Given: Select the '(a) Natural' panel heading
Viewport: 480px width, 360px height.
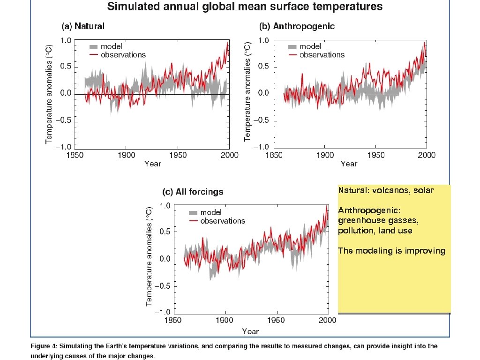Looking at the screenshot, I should pos(83,26).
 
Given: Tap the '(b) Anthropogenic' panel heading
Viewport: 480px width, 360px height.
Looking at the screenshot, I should pos(297,26).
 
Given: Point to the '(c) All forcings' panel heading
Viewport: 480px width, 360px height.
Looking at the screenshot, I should pos(192,192).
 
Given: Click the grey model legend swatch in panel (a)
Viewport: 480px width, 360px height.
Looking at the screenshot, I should pos(94,46).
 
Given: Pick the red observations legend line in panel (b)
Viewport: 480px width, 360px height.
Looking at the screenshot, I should pos(292,55).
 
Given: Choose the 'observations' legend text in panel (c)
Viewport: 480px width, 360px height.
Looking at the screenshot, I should pos(223,221).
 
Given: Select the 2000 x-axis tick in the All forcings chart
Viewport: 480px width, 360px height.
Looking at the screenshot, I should pos(327,321).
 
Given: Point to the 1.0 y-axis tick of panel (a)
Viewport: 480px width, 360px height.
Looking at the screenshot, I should pos(66,41).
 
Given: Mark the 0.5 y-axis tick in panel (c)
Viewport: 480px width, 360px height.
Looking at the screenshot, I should pos(165,232).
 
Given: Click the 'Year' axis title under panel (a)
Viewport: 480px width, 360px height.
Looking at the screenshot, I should pos(152,164).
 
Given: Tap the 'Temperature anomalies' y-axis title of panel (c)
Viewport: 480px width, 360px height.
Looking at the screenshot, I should pos(149,257).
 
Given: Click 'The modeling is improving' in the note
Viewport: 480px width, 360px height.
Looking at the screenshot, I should pos(391,251).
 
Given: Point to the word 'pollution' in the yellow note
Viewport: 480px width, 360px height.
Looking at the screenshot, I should pos(355,231).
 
